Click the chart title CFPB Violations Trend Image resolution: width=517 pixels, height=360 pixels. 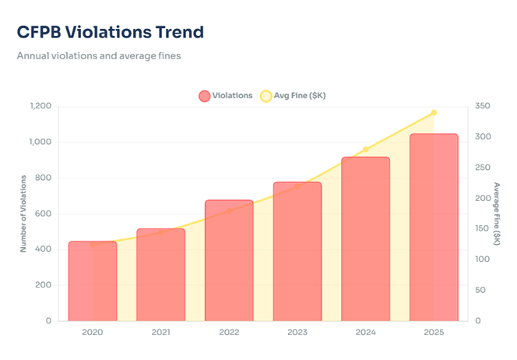pyautogui.click(x=110, y=32)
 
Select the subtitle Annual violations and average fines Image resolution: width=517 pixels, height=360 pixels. pyautogui.click(x=98, y=56)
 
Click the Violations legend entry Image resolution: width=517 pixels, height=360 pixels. pyautogui.click(x=226, y=96)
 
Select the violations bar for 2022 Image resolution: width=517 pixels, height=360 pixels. pyautogui.click(x=229, y=260)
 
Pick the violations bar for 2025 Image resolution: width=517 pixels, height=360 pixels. pyautogui.click(x=434, y=227)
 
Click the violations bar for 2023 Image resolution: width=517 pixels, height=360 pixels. pyautogui.click(x=297, y=251)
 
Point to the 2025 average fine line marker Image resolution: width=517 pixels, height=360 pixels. pyautogui.click(x=434, y=113)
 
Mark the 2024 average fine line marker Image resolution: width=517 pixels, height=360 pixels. pyautogui.click(x=366, y=150)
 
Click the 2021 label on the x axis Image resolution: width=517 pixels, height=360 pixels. pyautogui.click(x=160, y=332)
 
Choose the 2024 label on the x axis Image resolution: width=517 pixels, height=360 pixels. pyautogui.click(x=366, y=332)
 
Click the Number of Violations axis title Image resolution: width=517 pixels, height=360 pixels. pyautogui.click(x=24, y=213)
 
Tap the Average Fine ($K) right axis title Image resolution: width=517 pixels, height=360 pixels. pyautogui.click(x=497, y=213)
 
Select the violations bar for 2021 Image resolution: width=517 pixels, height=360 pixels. pyautogui.click(x=161, y=274)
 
